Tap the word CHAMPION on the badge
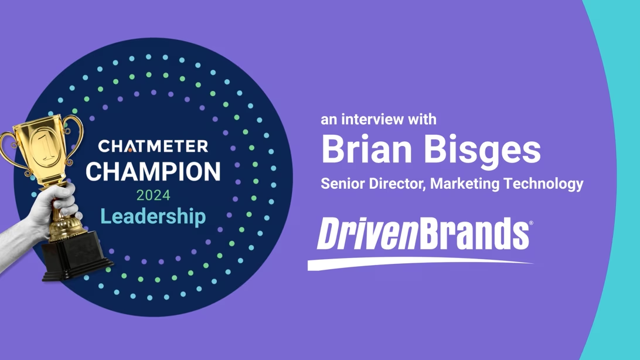[x=153, y=171]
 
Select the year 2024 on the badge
[x=153, y=195]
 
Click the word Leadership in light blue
[x=153, y=216]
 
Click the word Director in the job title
[x=397, y=184]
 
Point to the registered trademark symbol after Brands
[x=532, y=223]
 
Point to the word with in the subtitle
[x=423, y=120]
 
